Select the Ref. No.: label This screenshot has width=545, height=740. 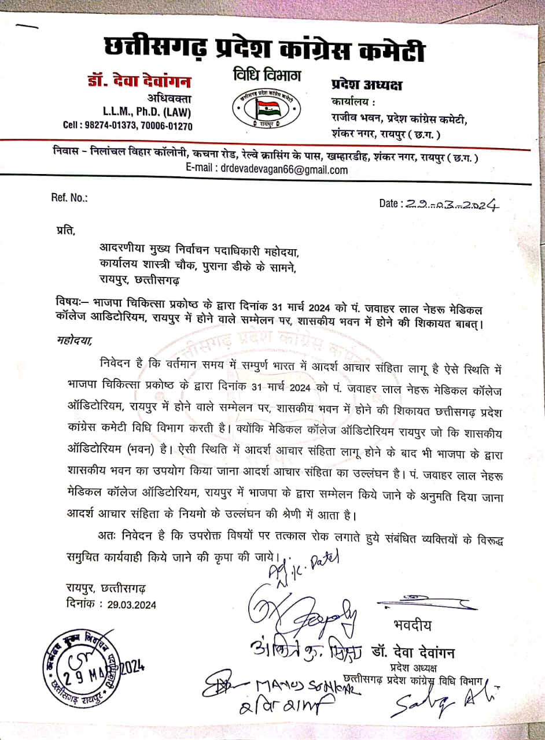point(69,198)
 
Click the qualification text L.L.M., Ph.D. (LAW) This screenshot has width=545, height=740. point(147,112)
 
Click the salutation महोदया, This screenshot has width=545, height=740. point(75,340)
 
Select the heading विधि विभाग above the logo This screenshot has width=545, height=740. point(267,76)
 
